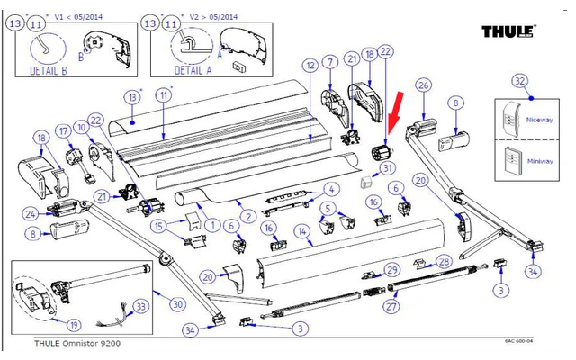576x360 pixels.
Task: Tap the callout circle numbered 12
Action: (x=309, y=65)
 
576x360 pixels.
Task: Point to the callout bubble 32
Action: (x=519, y=82)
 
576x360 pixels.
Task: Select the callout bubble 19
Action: (x=49, y=324)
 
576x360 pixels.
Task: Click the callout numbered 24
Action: (x=30, y=213)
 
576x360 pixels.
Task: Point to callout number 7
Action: (x=331, y=62)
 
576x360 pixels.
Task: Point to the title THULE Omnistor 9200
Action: (x=76, y=343)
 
